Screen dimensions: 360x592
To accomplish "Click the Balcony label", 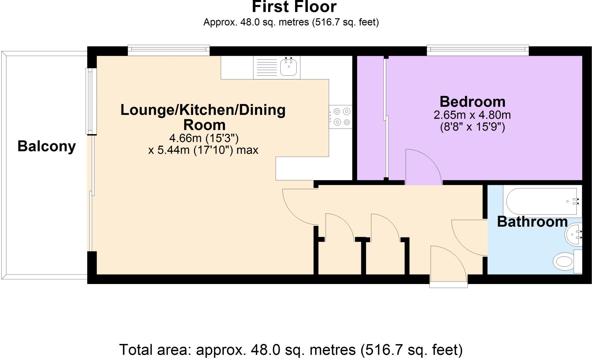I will pyautogui.click(x=47, y=146).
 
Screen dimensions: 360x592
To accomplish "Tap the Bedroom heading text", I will pyautogui.click(x=472, y=102).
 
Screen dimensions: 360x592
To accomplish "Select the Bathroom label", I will pyautogui.click(x=532, y=222).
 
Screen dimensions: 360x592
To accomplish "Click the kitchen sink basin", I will pyautogui.click(x=288, y=68).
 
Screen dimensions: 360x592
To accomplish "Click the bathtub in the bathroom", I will pyautogui.click(x=542, y=201).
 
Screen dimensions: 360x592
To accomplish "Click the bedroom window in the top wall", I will pyautogui.click(x=478, y=51).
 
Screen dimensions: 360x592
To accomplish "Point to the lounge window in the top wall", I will pyautogui.click(x=169, y=51).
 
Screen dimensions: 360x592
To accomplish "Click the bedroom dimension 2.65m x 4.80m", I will pyautogui.click(x=472, y=115).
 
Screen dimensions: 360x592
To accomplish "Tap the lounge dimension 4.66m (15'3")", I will pyautogui.click(x=204, y=138).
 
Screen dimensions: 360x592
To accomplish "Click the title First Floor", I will pyautogui.click(x=294, y=7).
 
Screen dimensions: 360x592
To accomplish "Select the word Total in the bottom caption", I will pyautogui.click(x=136, y=350).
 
